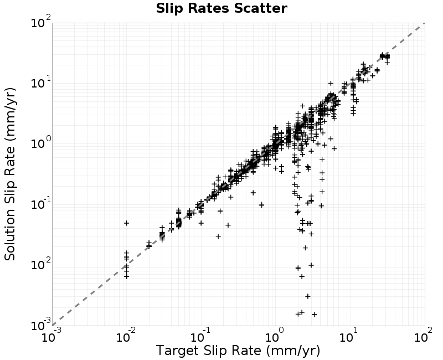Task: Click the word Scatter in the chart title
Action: point(260,8)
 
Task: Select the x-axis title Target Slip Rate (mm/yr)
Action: point(238,351)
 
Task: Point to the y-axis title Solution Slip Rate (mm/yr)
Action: point(10,174)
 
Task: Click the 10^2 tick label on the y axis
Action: point(40,22)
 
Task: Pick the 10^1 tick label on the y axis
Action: point(40,82)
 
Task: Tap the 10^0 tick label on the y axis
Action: point(40,143)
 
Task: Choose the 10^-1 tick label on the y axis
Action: point(40,203)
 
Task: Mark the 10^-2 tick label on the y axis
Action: point(40,264)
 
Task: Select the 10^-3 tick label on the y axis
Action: point(40,325)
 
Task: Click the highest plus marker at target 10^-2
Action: point(127,223)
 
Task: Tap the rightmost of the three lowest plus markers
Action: point(314,314)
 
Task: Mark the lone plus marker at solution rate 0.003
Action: point(308,296)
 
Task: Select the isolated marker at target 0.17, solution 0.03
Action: point(218,236)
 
